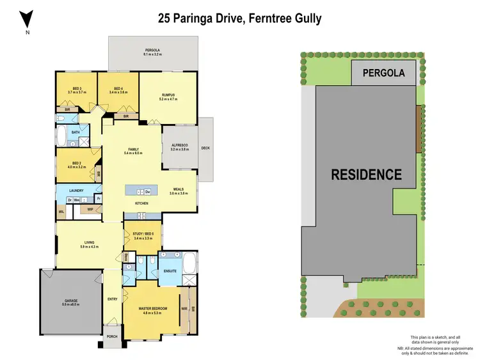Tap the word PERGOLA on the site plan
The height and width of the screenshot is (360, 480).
pyautogui.click(x=384, y=73)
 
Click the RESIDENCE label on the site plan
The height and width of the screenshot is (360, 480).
pyautogui.click(x=366, y=174)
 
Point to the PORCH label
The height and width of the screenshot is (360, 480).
pyautogui.click(x=112, y=336)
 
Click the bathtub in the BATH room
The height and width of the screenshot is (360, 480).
pyautogui.click(x=62, y=136)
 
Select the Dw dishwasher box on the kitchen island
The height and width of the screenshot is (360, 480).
pyautogui.click(x=147, y=191)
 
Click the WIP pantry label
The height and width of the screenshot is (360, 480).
pyautogui.click(x=90, y=208)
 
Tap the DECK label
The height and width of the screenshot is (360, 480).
pyautogui.click(x=205, y=148)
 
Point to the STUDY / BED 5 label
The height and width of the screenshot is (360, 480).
pyautogui.click(x=143, y=234)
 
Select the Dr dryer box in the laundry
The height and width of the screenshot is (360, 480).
pyautogui.click(x=69, y=200)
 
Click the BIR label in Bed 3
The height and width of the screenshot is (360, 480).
pyautogui.click(x=68, y=110)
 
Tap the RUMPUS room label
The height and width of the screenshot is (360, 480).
pyautogui.click(x=168, y=95)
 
